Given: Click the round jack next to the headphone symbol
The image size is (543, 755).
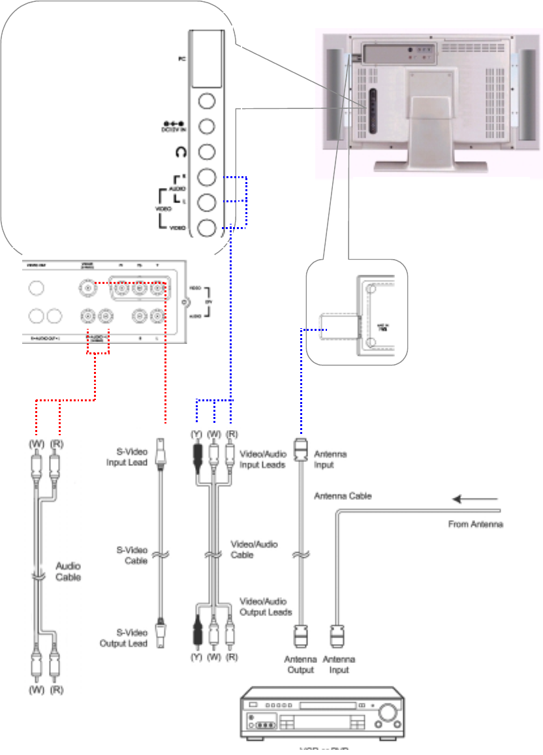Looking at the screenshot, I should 206,151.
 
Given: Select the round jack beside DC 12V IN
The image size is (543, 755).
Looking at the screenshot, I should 206,126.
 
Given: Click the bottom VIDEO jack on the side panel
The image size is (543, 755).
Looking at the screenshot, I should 206,228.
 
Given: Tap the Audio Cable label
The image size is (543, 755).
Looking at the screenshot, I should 69,572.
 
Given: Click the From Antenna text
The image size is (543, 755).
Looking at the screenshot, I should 475,524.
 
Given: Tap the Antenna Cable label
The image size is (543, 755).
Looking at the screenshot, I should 343,496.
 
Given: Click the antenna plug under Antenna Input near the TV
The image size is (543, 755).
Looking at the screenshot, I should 300,450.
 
